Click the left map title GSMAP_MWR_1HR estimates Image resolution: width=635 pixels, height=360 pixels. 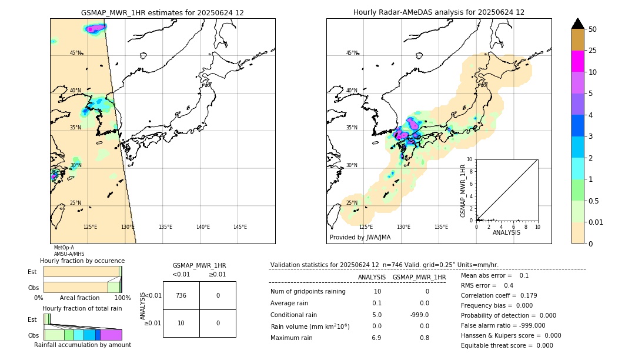(x=162, y=12)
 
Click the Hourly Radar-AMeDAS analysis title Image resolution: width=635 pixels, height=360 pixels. (x=439, y=12)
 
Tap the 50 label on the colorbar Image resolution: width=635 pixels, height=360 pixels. (x=593, y=29)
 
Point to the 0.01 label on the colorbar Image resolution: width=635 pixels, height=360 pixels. (x=596, y=222)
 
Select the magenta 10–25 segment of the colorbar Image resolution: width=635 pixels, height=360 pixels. (x=577, y=61)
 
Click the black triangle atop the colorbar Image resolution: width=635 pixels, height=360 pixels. (x=577, y=24)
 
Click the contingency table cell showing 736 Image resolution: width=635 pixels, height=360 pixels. (x=181, y=295)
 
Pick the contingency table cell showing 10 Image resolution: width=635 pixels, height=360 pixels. (x=181, y=323)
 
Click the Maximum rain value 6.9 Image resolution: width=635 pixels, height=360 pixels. (x=376, y=338)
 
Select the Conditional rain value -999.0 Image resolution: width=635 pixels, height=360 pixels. (x=419, y=315)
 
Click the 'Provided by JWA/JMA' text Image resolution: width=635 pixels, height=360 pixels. (x=360, y=238)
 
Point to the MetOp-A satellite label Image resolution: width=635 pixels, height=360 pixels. (x=63, y=248)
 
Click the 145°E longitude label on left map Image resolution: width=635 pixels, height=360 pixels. (x=240, y=227)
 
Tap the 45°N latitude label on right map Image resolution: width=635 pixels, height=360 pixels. (x=352, y=53)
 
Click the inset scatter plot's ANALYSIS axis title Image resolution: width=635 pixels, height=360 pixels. (x=506, y=233)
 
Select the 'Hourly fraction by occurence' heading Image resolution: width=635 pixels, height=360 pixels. (x=82, y=261)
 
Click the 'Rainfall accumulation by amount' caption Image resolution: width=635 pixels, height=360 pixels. (x=82, y=345)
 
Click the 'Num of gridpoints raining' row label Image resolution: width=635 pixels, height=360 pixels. (x=308, y=292)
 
